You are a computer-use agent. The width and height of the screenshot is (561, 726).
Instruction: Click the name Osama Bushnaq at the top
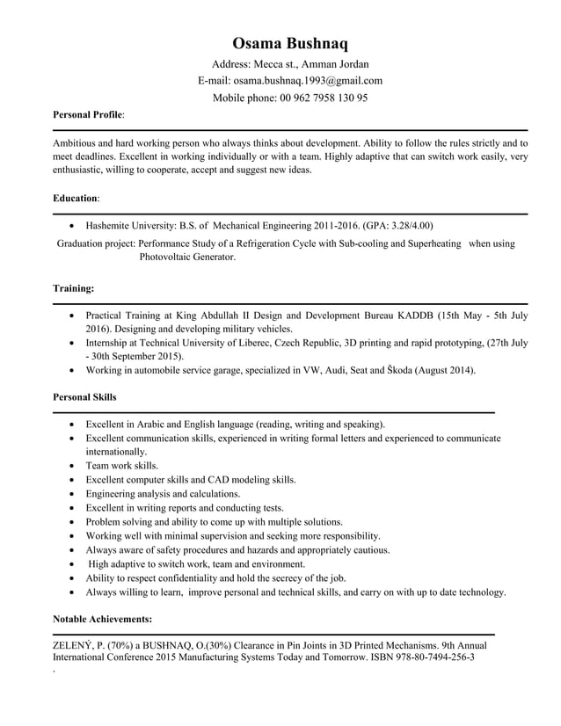[290, 43]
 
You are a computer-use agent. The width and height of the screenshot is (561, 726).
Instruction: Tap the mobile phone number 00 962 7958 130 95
[322, 98]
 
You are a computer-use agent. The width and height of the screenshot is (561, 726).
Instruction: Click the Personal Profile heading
[88, 114]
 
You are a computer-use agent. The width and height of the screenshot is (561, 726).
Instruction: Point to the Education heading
[75, 199]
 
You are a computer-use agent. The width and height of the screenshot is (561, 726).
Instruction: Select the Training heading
[74, 288]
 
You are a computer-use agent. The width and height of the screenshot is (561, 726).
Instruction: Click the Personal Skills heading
[84, 397]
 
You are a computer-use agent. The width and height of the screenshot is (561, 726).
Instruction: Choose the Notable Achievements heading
[102, 619]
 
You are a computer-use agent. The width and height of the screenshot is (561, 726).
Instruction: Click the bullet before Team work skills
[70, 466]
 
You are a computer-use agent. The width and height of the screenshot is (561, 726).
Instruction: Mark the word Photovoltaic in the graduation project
[168, 258]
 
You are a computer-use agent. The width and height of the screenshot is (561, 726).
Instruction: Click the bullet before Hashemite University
[70, 226]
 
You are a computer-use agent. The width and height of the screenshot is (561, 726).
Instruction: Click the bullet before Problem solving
[70, 522]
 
